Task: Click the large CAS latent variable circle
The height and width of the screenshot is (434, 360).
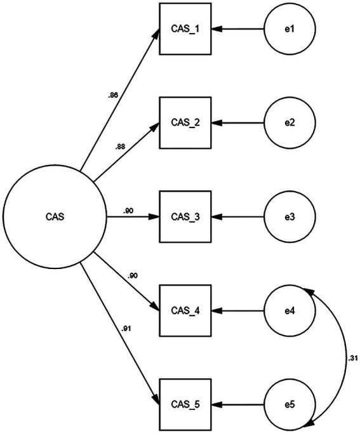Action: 54,216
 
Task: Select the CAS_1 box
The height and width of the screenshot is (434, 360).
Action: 185,29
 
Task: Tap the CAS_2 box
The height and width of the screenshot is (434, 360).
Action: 185,122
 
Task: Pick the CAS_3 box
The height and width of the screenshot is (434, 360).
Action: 185,216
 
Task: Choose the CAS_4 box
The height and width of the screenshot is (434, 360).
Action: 185,310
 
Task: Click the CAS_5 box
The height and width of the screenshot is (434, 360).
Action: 185,404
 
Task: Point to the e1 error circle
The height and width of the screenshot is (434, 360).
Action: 289,29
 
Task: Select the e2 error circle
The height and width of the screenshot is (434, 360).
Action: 289,122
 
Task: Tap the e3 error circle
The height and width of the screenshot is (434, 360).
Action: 289,216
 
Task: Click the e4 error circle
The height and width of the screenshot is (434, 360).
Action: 289,310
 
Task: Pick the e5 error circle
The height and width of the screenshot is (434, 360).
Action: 289,404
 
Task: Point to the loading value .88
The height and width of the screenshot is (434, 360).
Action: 120,147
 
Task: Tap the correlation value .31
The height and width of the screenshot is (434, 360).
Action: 352,357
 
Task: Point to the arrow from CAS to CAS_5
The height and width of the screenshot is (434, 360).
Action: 121,336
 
